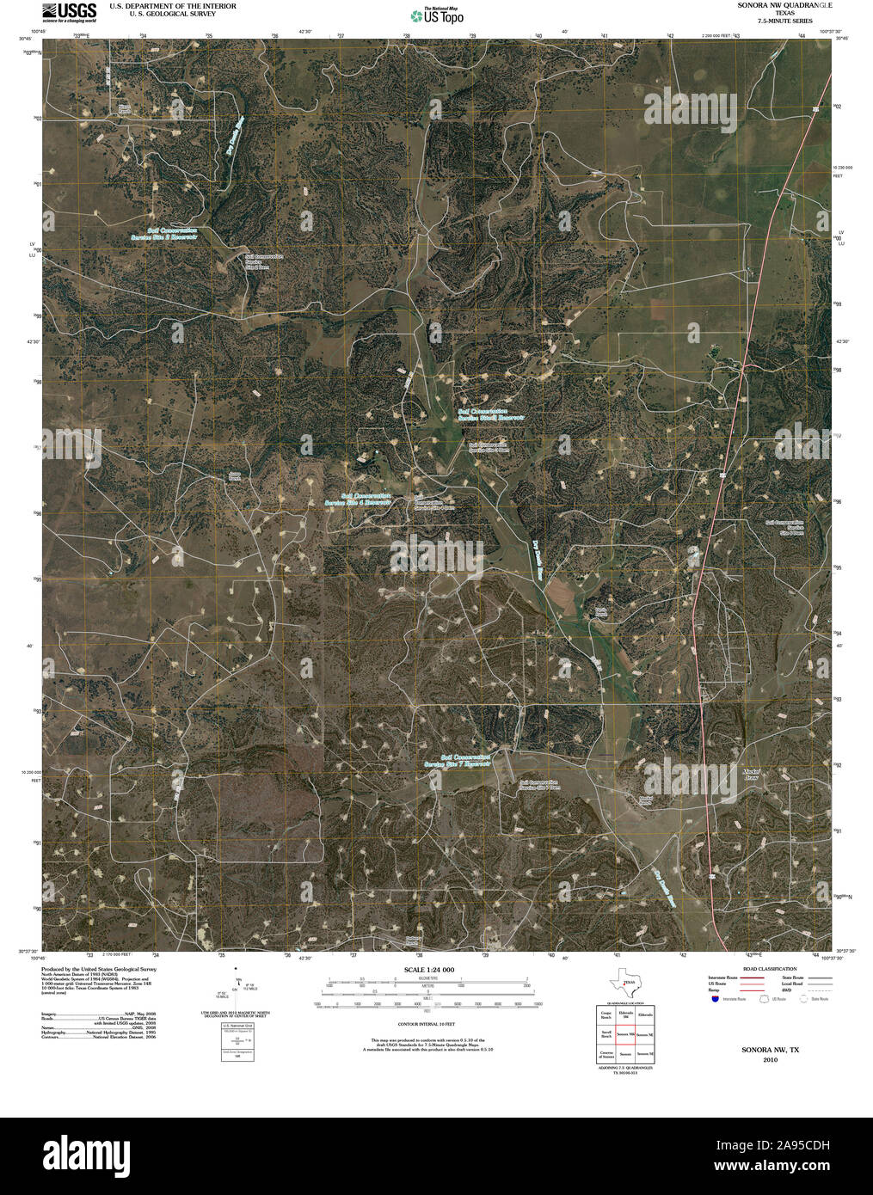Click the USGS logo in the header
coord(71,12)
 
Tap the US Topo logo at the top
coord(437,15)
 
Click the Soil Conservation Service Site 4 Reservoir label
coord(357,499)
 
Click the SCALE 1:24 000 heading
coord(428,970)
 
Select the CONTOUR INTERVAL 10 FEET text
coord(427,1024)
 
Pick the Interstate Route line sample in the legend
coord(753,977)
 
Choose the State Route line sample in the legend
coord(818,977)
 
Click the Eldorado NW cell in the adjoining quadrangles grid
coord(625,1014)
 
